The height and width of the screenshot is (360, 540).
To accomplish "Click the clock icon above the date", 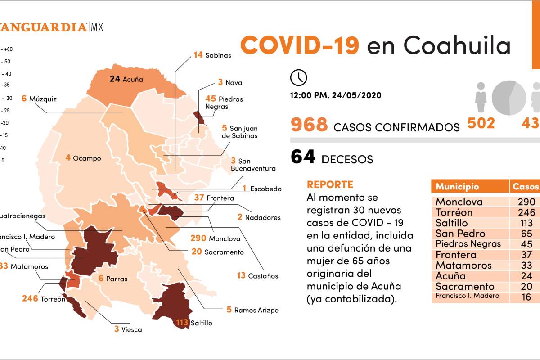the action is pos(298,77).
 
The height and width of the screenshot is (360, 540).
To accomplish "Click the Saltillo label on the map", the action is pos(201,323).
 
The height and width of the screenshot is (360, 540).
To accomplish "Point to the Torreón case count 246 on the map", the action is pos(30,298).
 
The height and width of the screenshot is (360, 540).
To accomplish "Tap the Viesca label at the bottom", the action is pos(131,329).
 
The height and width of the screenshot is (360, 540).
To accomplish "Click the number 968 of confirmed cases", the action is pos(309,124).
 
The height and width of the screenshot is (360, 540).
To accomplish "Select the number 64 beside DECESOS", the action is pos(303,157).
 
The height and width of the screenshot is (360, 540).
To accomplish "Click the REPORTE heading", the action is pos(330,184).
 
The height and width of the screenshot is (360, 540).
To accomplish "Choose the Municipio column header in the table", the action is pos(457,186).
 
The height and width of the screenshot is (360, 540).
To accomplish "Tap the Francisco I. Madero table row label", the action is pos(467,296).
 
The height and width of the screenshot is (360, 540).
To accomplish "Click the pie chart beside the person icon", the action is pos(509,98).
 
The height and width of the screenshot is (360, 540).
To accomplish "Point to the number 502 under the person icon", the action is pos(481,123).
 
